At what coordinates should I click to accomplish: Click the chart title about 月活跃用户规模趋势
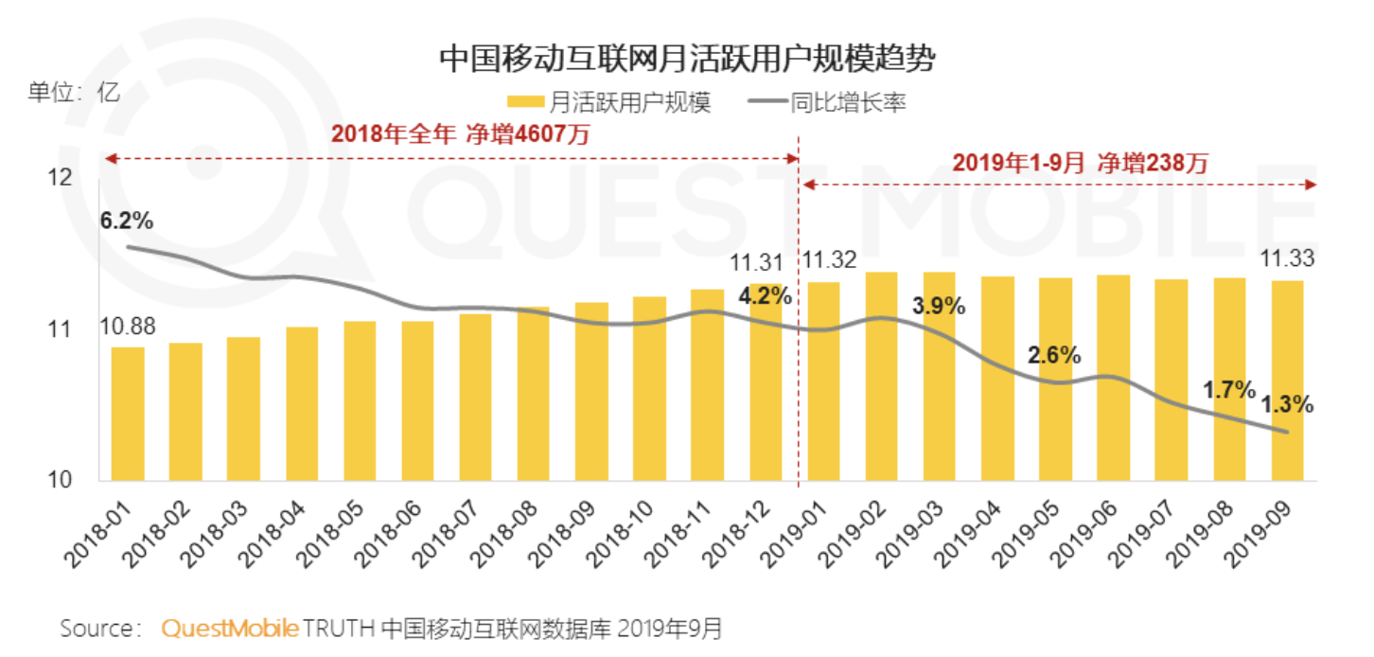pyautogui.click(x=687, y=59)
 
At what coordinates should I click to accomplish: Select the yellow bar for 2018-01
pyautogui.click(x=128, y=414)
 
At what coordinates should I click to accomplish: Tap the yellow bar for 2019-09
pyautogui.click(x=1287, y=381)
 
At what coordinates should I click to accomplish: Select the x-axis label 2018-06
pyautogui.click(x=398, y=531)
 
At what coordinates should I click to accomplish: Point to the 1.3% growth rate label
pyautogui.click(x=1286, y=404)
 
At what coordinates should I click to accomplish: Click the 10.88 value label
pyautogui.click(x=127, y=327)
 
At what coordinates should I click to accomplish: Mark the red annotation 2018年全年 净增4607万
pyautogui.click(x=460, y=134)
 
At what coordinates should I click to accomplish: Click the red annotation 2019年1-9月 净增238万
pyautogui.click(x=1080, y=163)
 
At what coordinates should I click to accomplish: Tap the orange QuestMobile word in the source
pyautogui.click(x=230, y=629)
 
